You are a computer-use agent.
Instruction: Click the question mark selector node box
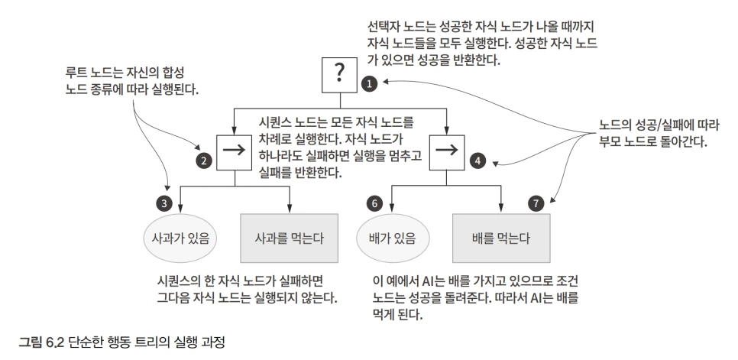pyautogui.click(x=339, y=75)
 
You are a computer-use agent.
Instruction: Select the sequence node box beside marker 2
pyautogui.click(x=234, y=152)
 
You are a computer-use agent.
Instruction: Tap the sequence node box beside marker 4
pyautogui.click(x=447, y=152)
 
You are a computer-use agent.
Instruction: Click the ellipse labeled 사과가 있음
pyautogui.click(x=180, y=238)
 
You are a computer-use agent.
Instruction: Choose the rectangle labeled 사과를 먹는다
pyautogui.click(x=289, y=238)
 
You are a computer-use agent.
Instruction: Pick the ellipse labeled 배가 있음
pyautogui.click(x=393, y=238)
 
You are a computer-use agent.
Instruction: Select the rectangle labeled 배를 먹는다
pyautogui.click(x=501, y=238)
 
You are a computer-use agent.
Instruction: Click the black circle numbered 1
pyautogui.click(x=370, y=84)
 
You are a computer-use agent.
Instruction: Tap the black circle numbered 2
pyautogui.click(x=204, y=161)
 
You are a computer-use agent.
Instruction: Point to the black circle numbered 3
pyautogui.click(x=164, y=203)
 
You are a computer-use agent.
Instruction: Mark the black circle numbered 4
pyautogui.click(x=477, y=161)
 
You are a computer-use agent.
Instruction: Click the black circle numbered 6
pyautogui.click(x=374, y=203)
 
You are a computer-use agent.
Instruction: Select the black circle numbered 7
pyautogui.click(x=536, y=203)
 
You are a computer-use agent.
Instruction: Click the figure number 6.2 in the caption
pyautogui.click(x=54, y=342)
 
